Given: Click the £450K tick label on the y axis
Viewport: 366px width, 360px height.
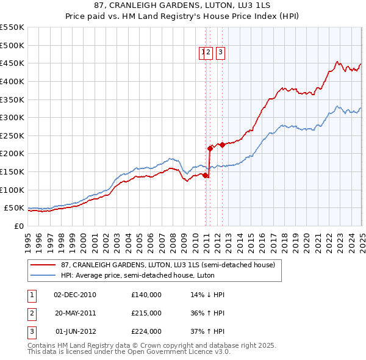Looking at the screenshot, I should tap(12, 63).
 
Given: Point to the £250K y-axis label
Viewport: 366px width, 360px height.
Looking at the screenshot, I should tap(12, 135).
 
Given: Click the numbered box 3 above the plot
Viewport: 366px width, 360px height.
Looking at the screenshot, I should tap(220, 52).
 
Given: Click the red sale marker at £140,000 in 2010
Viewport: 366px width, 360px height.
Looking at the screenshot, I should tap(206, 175).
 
